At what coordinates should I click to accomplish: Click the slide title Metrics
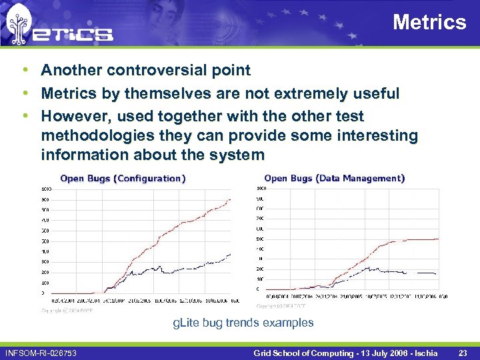[x=429, y=23]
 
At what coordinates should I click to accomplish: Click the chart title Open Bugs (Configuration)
[x=123, y=179]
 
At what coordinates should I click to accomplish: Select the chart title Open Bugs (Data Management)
[x=334, y=178]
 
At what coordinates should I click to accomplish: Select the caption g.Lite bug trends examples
[x=243, y=323]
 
